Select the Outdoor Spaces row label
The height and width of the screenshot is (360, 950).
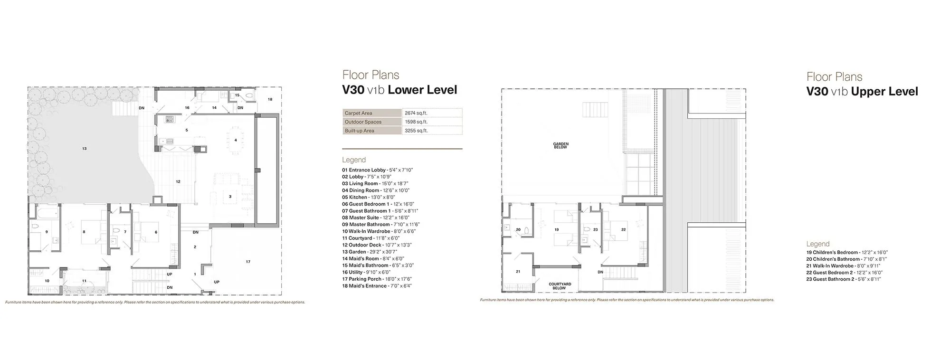pyautogui.click(x=363, y=122)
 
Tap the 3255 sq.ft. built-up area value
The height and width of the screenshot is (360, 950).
pyautogui.click(x=416, y=131)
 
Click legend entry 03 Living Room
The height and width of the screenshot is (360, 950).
pyautogui.click(x=375, y=183)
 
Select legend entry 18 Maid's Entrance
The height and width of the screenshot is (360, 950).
pyautogui.click(x=377, y=286)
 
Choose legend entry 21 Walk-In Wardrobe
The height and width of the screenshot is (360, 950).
pyautogui.click(x=843, y=266)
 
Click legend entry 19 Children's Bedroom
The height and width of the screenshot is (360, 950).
pyautogui.click(x=846, y=252)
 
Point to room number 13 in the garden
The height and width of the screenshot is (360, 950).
pyautogui.click(x=84, y=149)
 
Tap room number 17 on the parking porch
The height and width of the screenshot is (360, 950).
pyautogui.click(x=247, y=262)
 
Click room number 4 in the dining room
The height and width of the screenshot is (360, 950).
pyautogui.click(x=236, y=140)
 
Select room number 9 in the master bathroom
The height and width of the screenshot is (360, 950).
pyautogui.click(x=47, y=232)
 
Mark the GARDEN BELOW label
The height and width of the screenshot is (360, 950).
pyautogui.click(x=560, y=145)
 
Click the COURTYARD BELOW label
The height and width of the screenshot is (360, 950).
pyautogui.click(x=560, y=286)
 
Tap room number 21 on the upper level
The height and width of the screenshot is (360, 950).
pyautogui.click(x=518, y=272)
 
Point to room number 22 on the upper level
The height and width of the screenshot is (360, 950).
pyautogui.click(x=623, y=229)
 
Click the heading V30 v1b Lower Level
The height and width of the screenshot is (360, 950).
pyautogui.click(x=399, y=90)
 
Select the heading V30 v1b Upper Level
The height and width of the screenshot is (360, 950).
pyautogui.click(x=862, y=92)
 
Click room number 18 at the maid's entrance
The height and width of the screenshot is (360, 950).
pyautogui.click(x=270, y=99)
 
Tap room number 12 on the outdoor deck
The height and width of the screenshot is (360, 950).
pyautogui.click(x=178, y=181)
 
